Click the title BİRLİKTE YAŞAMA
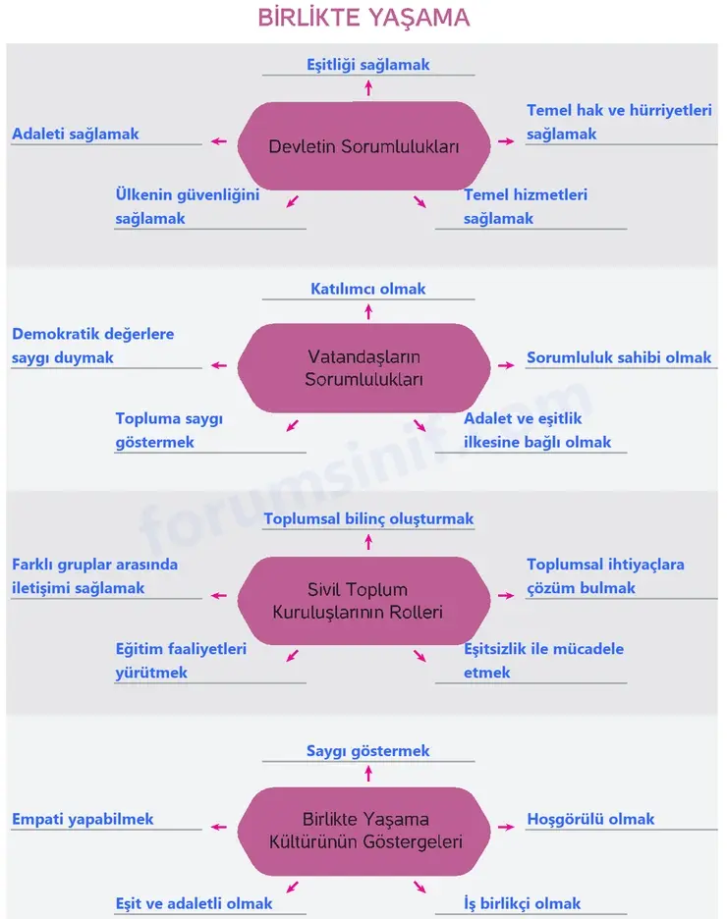(x=363, y=18)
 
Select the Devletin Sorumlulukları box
(x=363, y=146)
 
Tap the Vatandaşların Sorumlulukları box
(x=363, y=367)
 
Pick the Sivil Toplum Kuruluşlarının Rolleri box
(x=363, y=601)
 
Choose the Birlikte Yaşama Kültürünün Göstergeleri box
(x=363, y=831)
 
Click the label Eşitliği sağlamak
(x=368, y=65)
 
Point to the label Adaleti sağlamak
(x=76, y=134)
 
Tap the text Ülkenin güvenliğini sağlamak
(x=187, y=206)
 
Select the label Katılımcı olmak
(x=368, y=289)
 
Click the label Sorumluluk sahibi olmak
(x=619, y=357)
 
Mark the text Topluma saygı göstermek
(x=169, y=430)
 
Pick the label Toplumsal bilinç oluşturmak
(x=368, y=518)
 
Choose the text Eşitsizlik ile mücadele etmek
(x=543, y=661)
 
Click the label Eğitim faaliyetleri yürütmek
(x=181, y=661)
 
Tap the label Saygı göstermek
(x=368, y=751)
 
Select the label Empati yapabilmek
(x=83, y=819)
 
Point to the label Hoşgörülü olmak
(x=590, y=819)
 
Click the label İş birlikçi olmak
(x=523, y=903)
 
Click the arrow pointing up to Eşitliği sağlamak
(x=368, y=88)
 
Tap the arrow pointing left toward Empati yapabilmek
(x=219, y=827)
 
